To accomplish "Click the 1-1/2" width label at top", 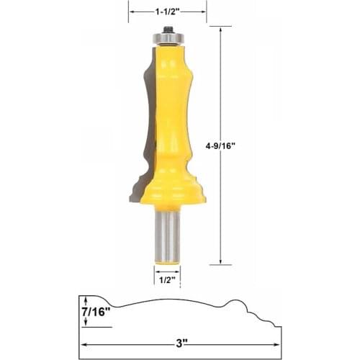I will (x=167, y=11).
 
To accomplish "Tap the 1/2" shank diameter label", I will (x=167, y=280).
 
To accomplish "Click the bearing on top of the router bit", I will (x=167, y=34).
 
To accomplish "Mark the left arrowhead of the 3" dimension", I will (x=82, y=344).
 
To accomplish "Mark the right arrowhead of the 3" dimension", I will (x=279, y=344).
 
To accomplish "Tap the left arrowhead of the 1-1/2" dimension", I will (x=131, y=11).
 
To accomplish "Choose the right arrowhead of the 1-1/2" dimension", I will (x=204, y=11).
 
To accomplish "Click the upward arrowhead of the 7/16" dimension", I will (x=86, y=299).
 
